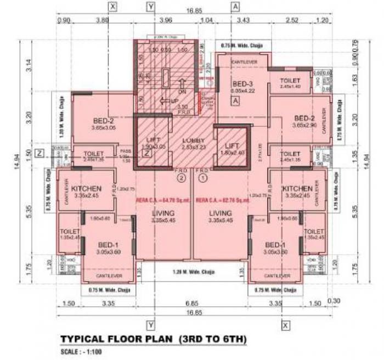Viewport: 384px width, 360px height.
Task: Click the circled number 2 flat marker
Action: [x=180, y=177]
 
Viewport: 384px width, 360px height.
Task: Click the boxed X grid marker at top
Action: [x=113, y=6]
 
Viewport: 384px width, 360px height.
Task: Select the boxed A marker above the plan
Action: [x=235, y=6]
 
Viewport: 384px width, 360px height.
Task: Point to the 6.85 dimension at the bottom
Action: [x=191, y=303]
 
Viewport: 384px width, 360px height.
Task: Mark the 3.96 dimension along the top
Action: [x=165, y=20]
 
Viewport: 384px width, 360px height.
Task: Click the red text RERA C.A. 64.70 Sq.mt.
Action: [x=165, y=200]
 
